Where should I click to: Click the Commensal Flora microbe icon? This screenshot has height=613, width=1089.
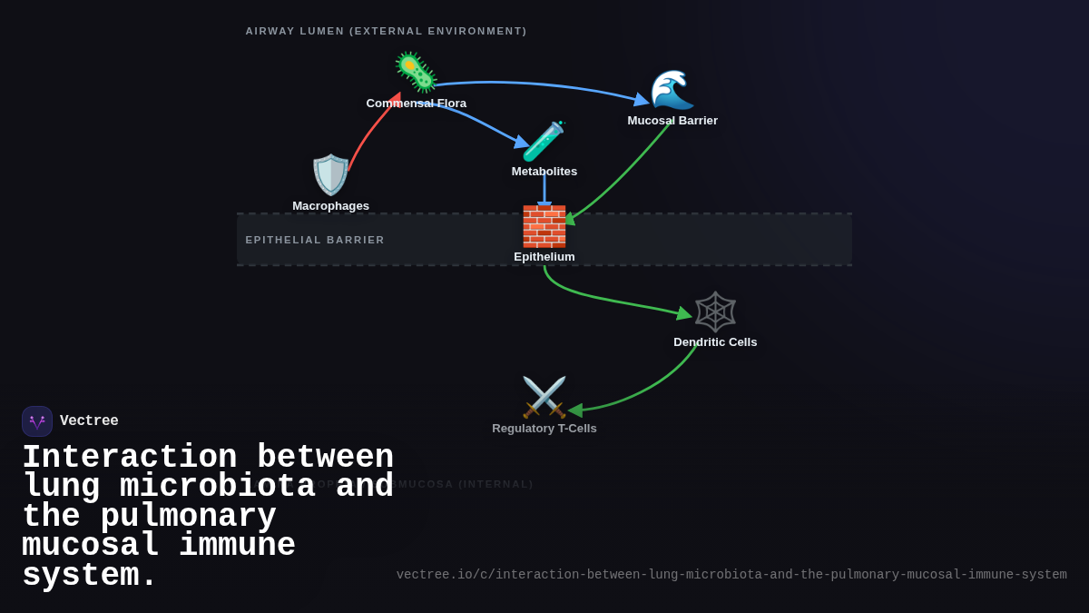click(416, 73)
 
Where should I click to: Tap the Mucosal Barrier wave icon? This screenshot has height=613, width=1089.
click(672, 89)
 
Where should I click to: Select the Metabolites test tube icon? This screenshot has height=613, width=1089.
click(544, 141)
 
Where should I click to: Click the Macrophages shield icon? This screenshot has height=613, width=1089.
click(330, 174)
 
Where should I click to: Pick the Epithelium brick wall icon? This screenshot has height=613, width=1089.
click(544, 226)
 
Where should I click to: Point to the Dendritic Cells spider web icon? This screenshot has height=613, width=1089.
click(715, 311)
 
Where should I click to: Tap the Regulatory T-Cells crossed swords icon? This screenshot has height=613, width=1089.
click(544, 397)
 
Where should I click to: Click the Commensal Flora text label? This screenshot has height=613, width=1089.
click(416, 104)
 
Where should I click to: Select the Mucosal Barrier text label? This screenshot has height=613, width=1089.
click(672, 121)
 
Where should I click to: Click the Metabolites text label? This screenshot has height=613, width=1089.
click(544, 172)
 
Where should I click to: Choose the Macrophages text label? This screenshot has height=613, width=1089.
click(330, 206)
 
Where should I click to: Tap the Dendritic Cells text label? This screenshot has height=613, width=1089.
click(715, 342)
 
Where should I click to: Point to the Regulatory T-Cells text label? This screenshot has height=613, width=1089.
click(544, 429)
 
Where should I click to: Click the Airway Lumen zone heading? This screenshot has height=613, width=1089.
click(386, 31)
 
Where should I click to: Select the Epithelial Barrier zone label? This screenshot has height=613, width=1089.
click(315, 240)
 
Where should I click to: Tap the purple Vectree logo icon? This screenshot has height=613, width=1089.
click(37, 421)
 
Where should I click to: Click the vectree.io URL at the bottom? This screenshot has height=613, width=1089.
click(731, 575)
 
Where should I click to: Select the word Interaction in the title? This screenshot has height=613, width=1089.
click(129, 457)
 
